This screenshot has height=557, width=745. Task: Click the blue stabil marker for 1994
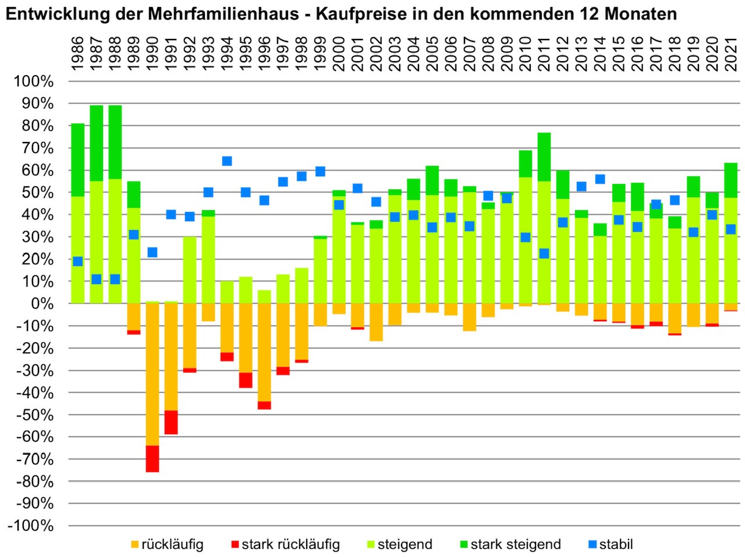pos(227,161)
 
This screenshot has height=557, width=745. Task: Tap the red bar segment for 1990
pos(152,459)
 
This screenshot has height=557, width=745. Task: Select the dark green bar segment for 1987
pos(97,143)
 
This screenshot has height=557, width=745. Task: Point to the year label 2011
pos(544,54)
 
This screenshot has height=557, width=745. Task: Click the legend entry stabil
pos(616,545)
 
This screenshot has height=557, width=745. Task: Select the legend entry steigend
pos(405,545)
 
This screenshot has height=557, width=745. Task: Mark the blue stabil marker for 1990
pos(152,252)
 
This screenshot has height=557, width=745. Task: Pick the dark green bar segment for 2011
pos(544,157)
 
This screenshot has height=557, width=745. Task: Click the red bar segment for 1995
pos(246,380)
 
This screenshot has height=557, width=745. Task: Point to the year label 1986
pos(78,54)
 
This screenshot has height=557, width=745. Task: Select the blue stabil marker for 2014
pos(599,179)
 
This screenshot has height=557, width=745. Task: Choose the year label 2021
pos(730,54)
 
